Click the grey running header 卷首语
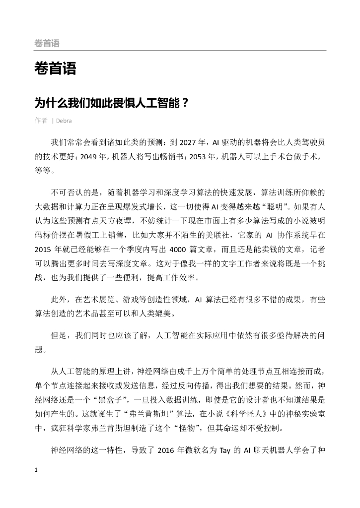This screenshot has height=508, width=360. click(x=47, y=44)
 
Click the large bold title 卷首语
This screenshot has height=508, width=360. click(x=55, y=69)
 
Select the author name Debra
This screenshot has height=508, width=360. click(x=64, y=121)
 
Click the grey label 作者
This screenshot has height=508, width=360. click(x=41, y=121)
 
